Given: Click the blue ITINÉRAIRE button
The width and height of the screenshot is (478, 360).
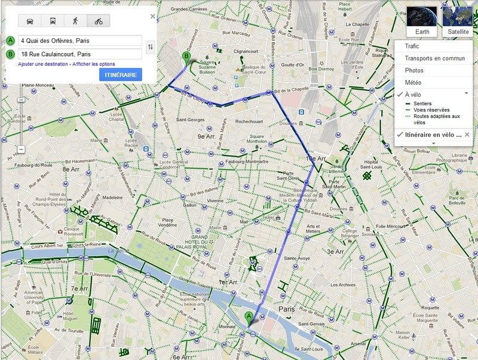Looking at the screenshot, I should coord(120,75).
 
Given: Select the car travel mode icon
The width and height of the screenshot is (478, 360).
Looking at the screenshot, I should coord(30,21).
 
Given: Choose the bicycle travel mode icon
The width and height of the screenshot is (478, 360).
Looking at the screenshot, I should coord(98,21).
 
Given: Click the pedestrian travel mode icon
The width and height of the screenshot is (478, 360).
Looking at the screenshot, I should coord(75,21).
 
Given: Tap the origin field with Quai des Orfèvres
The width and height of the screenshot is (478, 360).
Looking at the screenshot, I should coord(79,41).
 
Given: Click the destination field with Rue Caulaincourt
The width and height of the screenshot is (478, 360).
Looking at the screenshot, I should coord(79,54).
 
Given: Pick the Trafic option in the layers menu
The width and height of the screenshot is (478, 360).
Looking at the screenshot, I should coord(412,46).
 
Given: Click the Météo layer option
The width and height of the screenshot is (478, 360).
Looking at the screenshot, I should coord(413,82).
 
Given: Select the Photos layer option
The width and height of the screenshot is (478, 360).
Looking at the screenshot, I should coord(413,70).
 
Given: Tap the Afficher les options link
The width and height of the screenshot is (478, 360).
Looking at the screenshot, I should coord(94,64).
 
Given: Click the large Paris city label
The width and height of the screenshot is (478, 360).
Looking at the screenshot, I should coord(287,309).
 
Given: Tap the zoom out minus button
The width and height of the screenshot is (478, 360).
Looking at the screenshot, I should coord(21,149).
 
